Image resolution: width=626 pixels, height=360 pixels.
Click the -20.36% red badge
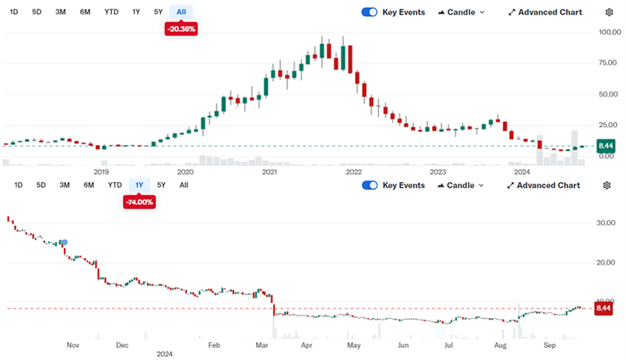coord(181,29)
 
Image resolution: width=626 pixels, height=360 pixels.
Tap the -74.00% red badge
coord(140,202)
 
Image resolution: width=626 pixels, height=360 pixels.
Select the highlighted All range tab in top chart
coord(181,12)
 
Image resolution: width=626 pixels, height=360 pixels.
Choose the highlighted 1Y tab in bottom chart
coord(139,185)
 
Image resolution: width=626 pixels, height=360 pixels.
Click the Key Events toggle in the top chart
coord(369,12)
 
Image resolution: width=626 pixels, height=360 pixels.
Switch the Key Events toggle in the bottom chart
coord(369,185)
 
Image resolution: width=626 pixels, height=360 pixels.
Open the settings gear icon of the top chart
coord(609,12)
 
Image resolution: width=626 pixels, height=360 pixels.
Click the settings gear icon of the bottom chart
coord(607,185)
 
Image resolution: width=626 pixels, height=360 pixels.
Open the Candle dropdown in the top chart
coord(461,13)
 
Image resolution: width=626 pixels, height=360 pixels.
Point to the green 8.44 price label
coord(606,146)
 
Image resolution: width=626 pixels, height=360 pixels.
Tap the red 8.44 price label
coord(603,308)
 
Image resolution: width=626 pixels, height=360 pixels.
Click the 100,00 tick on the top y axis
coord(610,32)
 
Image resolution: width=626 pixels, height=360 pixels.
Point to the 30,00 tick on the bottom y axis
coord(606,223)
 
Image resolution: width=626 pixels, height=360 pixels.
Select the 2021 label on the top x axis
coord(269,172)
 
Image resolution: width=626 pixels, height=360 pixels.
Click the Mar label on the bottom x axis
coord(262,345)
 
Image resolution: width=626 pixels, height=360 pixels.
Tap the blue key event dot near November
coord(65,242)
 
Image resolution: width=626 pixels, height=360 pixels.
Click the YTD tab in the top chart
coord(111,12)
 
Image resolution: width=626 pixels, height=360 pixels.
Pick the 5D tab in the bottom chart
coord(41,185)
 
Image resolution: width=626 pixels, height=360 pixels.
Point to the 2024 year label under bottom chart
coord(164,354)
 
